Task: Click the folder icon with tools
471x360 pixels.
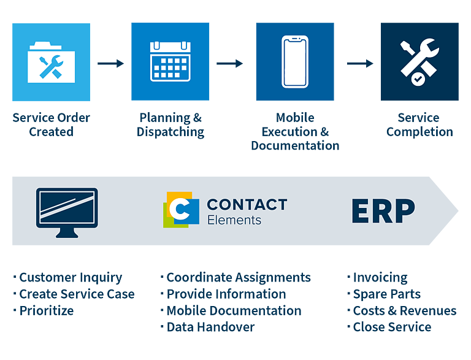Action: (51, 63)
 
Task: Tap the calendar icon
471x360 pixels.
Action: (170, 61)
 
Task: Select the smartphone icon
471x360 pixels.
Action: (295, 61)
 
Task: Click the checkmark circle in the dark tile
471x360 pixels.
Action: (418, 79)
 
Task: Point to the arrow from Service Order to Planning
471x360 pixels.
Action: (110, 63)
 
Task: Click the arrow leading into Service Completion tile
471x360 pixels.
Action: (360, 63)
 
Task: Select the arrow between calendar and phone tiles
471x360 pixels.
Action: (229, 63)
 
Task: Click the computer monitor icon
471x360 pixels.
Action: (67, 212)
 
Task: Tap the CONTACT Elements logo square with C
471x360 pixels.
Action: (181, 210)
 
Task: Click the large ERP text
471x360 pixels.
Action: (383, 210)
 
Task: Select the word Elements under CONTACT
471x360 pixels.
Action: (234, 220)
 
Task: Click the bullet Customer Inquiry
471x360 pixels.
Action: (68, 278)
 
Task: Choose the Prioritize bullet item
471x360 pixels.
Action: (44, 311)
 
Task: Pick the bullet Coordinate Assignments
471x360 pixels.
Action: (235, 277)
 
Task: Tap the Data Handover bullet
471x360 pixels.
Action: (207, 327)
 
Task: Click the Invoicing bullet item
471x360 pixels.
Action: (378, 278)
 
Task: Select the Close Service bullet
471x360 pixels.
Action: (389, 327)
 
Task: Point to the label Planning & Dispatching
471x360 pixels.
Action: (170, 125)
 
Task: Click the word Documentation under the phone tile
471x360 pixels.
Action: (295, 145)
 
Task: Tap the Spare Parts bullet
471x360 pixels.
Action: (384, 294)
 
